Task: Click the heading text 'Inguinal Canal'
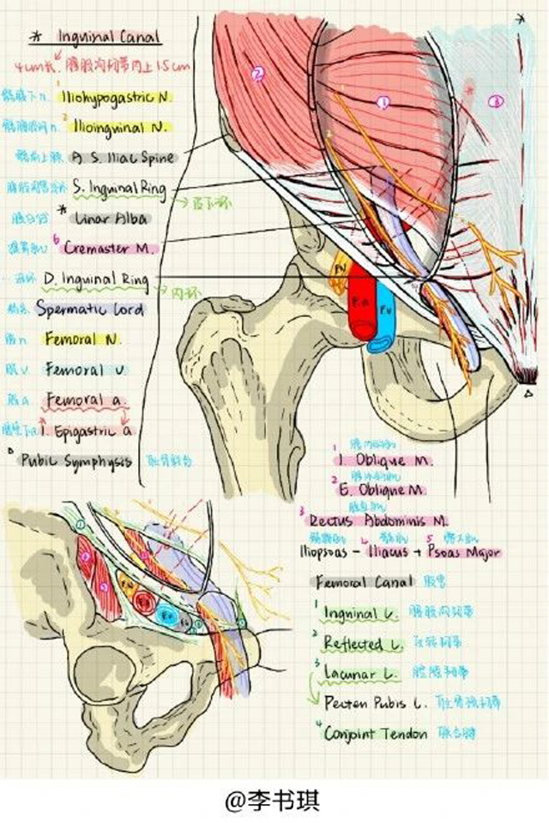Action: [x=109, y=38]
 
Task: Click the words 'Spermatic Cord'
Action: [x=90, y=309]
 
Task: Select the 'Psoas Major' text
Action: [x=467, y=552]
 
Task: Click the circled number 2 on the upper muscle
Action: [x=256, y=74]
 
